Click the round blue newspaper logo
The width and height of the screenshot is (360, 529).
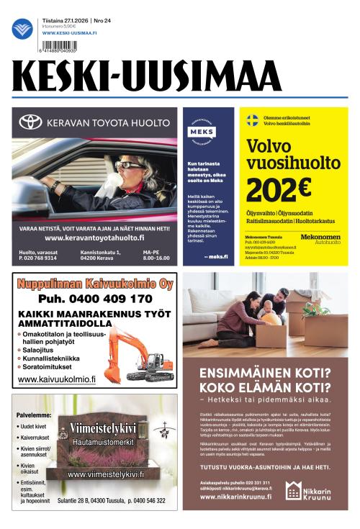point(22,29)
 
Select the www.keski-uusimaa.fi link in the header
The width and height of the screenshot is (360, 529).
point(71,33)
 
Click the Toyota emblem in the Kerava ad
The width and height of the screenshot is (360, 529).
point(30,122)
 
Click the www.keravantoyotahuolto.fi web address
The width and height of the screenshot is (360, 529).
point(94,238)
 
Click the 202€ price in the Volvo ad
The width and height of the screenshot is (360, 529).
point(278,189)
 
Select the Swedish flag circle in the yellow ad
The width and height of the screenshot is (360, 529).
point(253,120)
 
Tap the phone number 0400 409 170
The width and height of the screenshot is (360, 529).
point(95,299)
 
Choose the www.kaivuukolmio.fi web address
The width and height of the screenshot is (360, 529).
point(57,379)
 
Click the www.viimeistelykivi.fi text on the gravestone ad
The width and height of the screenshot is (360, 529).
point(106,474)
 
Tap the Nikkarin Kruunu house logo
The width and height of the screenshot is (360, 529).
point(293,491)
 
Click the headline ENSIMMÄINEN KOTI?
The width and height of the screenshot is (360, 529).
point(264,374)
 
